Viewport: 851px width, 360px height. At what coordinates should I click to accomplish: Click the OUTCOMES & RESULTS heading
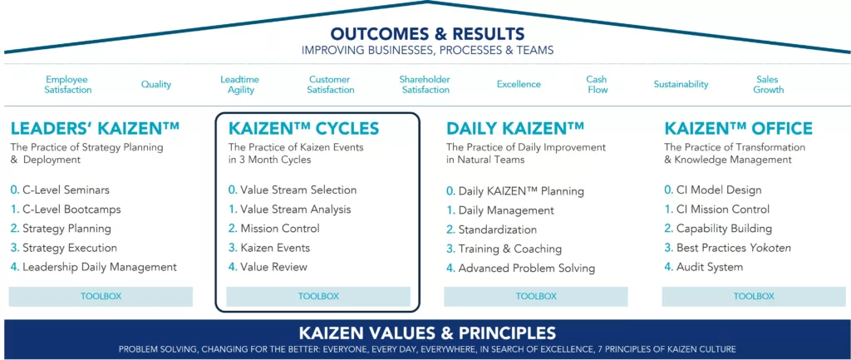427,34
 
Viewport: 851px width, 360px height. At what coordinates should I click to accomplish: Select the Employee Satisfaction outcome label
68,85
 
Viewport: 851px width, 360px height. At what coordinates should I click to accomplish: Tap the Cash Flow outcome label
597,85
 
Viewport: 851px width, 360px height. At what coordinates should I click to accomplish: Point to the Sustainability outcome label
681,85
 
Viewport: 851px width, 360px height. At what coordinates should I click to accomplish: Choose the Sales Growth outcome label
768,85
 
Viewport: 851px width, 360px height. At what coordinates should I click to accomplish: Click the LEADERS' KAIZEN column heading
95,129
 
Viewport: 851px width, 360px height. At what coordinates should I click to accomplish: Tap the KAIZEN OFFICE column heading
738,129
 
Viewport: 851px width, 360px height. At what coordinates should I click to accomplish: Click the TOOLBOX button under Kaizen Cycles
318,296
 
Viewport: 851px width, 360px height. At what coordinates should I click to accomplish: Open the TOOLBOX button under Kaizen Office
754,296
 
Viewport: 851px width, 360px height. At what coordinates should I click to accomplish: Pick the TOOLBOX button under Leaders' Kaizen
101,296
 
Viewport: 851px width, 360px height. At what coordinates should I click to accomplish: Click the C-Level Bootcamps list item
71,209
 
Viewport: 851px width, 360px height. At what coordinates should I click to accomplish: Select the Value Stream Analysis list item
295,210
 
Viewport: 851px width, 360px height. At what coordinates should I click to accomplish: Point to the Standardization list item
497,229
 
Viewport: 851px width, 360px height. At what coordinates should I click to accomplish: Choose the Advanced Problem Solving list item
526,268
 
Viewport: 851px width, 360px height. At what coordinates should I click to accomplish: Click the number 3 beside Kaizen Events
232,248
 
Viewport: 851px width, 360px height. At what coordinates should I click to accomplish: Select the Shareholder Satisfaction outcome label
425,85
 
